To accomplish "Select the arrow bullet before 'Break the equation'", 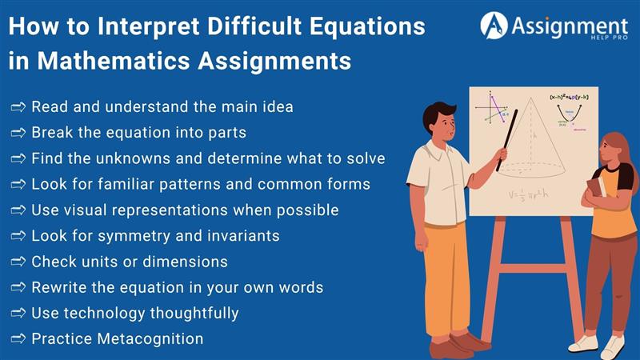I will [18, 132].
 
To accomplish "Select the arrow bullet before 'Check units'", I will [18, 262].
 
